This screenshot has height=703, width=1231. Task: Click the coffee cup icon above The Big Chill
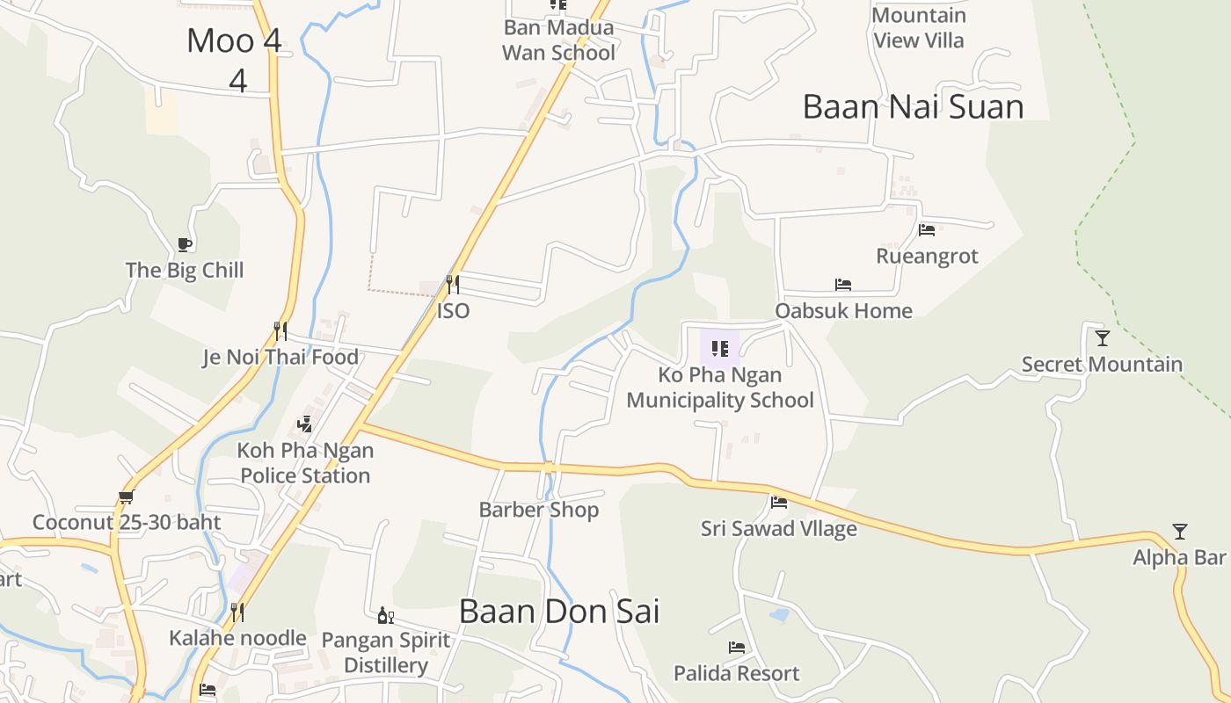[x=184, y=244]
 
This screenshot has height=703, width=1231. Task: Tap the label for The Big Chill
[x=185, y=270]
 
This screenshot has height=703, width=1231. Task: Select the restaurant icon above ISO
[x=453, y=284]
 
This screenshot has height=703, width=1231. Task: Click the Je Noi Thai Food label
[x=280, y=357]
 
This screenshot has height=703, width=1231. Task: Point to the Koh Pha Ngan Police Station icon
[x=305, y=424]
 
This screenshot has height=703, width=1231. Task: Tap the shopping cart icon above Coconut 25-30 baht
[x=127, y=497]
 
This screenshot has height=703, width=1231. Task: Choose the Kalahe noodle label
[x=237, y=638]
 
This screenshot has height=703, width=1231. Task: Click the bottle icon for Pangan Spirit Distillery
[x=385, y=616]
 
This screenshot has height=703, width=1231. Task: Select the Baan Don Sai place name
[x=559, y=612]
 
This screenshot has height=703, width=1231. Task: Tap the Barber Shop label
[x=539, y=510]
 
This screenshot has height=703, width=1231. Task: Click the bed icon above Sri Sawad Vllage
[x=779, y=503]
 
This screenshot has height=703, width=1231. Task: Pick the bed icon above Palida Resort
[x=737, y=648]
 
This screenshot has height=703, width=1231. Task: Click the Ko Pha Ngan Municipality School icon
[x=720, y=349]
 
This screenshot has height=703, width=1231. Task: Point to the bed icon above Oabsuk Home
[x=843, y=285]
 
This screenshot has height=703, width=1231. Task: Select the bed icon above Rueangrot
[x=927, y=230]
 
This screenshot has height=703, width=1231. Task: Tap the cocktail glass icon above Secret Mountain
[x=1103, y=338]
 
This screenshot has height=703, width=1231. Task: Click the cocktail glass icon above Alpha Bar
[x=1180, y=532]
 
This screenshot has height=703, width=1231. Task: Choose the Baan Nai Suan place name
[x=914, y=106]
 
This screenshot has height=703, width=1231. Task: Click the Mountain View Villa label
[x=919, y=28]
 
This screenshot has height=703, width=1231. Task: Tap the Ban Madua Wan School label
[x=559, y=40]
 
